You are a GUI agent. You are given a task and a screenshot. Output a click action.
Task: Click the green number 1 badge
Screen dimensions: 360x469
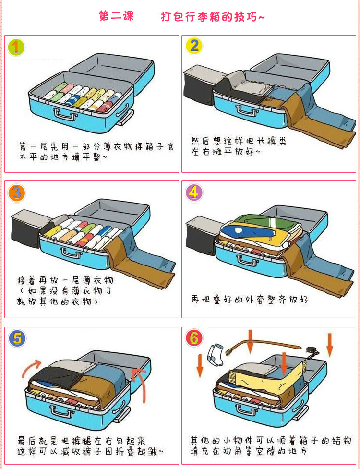coord(16,47)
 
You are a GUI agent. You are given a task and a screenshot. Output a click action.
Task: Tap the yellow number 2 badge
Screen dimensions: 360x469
coord(194,47)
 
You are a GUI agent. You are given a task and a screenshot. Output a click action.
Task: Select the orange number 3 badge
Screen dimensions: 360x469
coord(16,193)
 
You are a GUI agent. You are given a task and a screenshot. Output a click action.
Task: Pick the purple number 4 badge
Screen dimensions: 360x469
coord(194,192)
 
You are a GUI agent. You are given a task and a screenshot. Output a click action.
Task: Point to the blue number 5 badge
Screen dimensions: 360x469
coord(17,338)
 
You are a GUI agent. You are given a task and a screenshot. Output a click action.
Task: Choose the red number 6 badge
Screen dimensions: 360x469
coord(194,338)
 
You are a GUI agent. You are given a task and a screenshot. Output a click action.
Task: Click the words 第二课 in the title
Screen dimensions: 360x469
coord(116,16)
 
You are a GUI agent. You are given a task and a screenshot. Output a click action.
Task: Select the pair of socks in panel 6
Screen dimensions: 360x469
coord(216,354)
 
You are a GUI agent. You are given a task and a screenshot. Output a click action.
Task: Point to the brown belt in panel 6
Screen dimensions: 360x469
coord(264,346)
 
